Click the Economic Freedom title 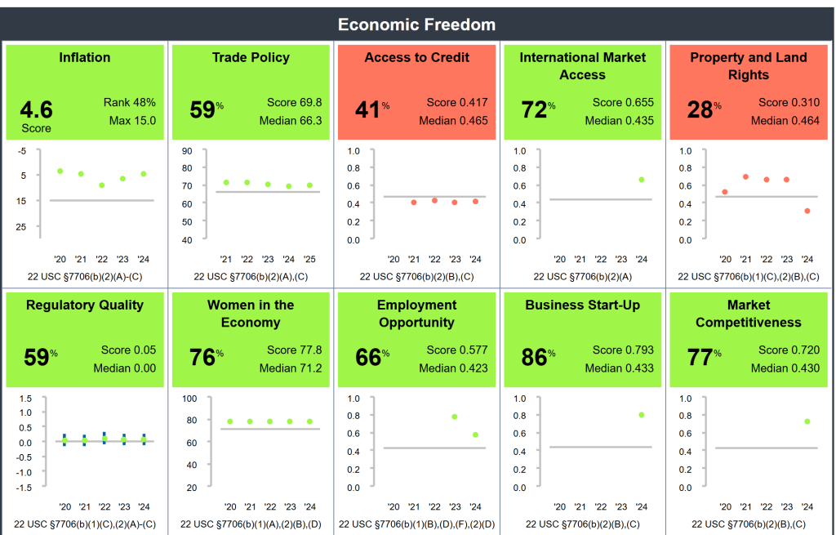point(416,25)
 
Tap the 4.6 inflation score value point(36,109)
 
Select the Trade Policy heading point(251,57)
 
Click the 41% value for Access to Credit point(371,109)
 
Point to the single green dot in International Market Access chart point(642,180)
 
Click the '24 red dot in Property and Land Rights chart point(807,211)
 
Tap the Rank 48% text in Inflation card point(129,103)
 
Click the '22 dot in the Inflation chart point(102,185)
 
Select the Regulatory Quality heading point(84,305)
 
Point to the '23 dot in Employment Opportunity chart point(455,417)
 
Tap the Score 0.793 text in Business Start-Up point(622,350)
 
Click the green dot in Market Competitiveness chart point(807,421)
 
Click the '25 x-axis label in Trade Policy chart point(310,258)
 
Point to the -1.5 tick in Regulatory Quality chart point(24,488)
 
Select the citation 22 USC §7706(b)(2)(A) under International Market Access point(582,277)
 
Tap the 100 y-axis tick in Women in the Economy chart point(189,399)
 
